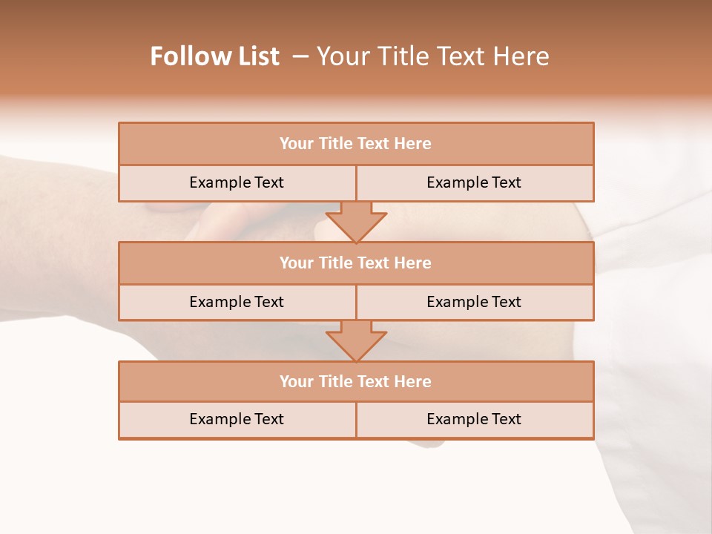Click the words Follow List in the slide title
click(x=214, y=56)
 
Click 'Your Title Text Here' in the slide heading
click(x=432, y=56)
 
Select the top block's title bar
click(x=356, y=144)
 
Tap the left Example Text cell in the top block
click(x=237, y=182)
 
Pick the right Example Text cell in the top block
click(x=474, y=182)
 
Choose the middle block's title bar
click(x=356, y=263)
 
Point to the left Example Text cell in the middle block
click(x=237, y=302)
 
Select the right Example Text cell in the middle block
click(x=474, y=302)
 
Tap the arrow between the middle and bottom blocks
click(x=356, y=341)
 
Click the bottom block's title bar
click(x=356, y=381)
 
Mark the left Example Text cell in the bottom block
click(x=237, y=419)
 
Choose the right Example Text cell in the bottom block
click(x=474, y=419)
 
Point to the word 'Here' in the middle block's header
click(x=414, y=263)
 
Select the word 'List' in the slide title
click(x=257, y=56)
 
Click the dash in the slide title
click(x=300, y=56)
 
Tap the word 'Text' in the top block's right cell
click(x=506, y=182)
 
